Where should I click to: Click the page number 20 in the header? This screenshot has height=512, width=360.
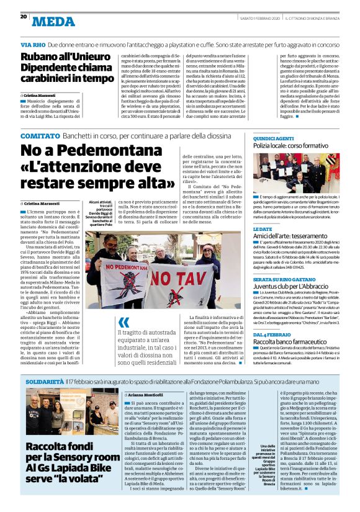[x=24, y=16]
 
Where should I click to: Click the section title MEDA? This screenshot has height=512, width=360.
[x=54, y=22]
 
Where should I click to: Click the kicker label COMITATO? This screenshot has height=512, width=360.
[x=40, y=135]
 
